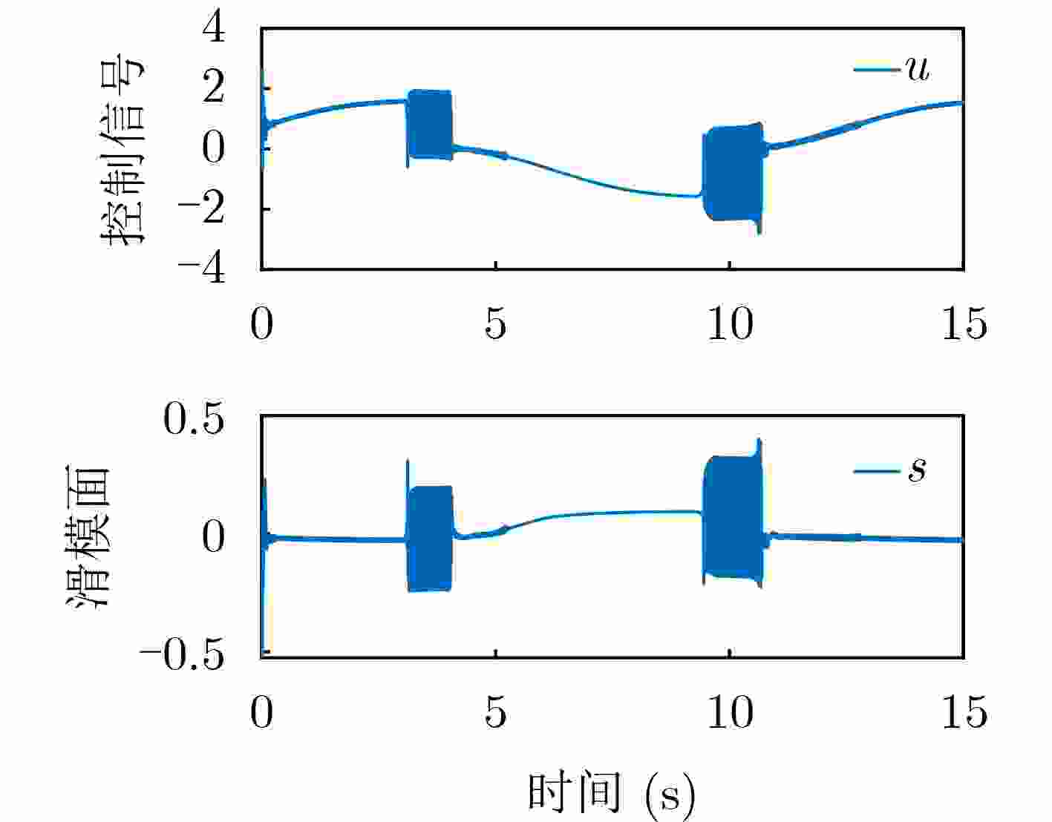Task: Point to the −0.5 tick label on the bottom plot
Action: click(181, 656)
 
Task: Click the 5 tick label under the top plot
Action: click(495, 323)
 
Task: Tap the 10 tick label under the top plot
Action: click(730, 323)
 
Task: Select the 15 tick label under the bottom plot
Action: click(964, 712)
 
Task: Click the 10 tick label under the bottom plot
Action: click(730, 712)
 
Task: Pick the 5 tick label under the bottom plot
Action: click(495, 712)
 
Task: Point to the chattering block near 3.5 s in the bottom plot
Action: click(430, 538)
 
